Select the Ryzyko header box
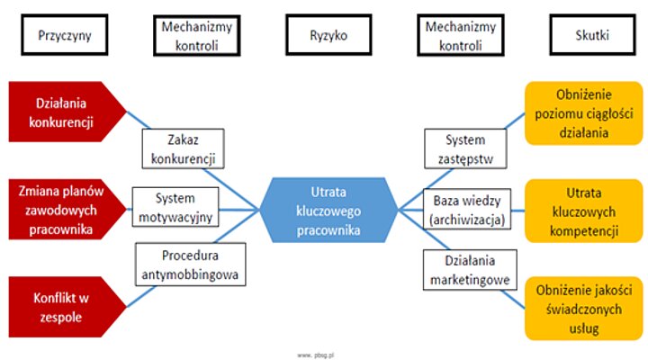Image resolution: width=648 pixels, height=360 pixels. point(328,36)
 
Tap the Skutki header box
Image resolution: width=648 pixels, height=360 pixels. point(589,36)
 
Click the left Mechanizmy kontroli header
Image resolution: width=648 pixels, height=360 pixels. point(196,36)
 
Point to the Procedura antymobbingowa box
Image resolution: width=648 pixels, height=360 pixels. point(189,265)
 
